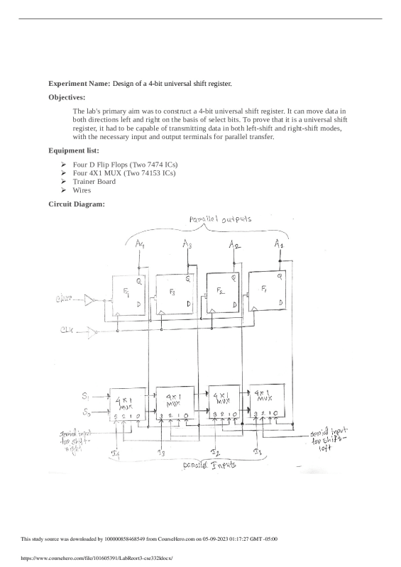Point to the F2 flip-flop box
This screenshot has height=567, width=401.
click(222, 292)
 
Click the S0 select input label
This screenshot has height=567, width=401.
click(86, 411)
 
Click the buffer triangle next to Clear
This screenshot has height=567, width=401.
click(89, 300)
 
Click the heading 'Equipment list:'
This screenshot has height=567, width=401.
click(73, 150)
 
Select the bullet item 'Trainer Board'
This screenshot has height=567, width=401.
click(94, 182)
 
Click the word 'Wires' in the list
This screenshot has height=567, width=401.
click(82, 190)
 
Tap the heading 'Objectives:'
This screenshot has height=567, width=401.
click(67, 97)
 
